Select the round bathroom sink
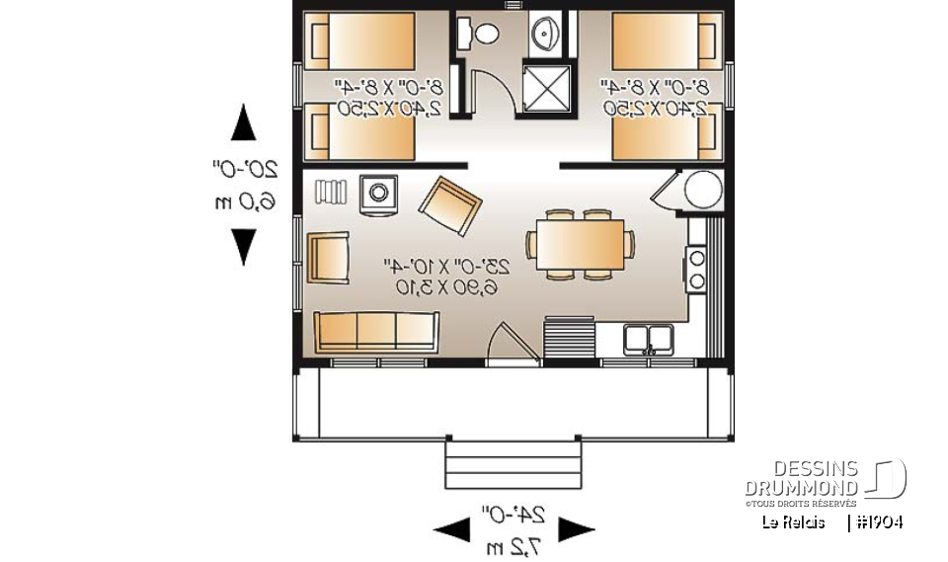[545, 34]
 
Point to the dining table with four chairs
[581, 243]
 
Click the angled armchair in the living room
[449, 206]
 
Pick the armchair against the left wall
[328, 258]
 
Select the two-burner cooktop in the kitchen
[695, 270]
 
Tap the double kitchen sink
[649, 338]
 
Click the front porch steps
[512, 464]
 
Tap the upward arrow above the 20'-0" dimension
[243, 123]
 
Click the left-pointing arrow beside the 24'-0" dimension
[452, 529]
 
